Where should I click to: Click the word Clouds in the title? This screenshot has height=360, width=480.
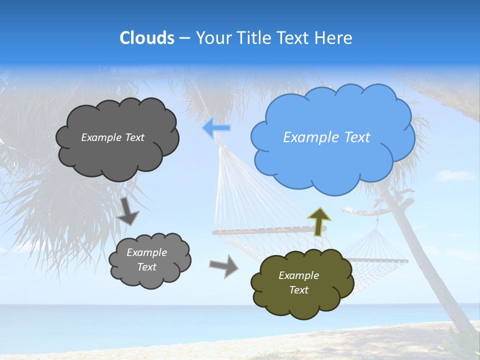point(147,38)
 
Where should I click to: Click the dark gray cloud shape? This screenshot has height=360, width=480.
point(117,157)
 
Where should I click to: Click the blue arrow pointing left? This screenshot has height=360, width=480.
point(216,128)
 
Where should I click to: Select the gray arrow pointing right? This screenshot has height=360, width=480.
point(224,265)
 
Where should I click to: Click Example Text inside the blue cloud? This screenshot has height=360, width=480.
point(326,137)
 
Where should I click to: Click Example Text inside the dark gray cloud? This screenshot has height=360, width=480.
point(112,137)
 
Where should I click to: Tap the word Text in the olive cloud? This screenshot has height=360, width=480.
point(298,290)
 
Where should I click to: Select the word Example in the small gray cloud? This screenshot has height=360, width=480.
point(146,252)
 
